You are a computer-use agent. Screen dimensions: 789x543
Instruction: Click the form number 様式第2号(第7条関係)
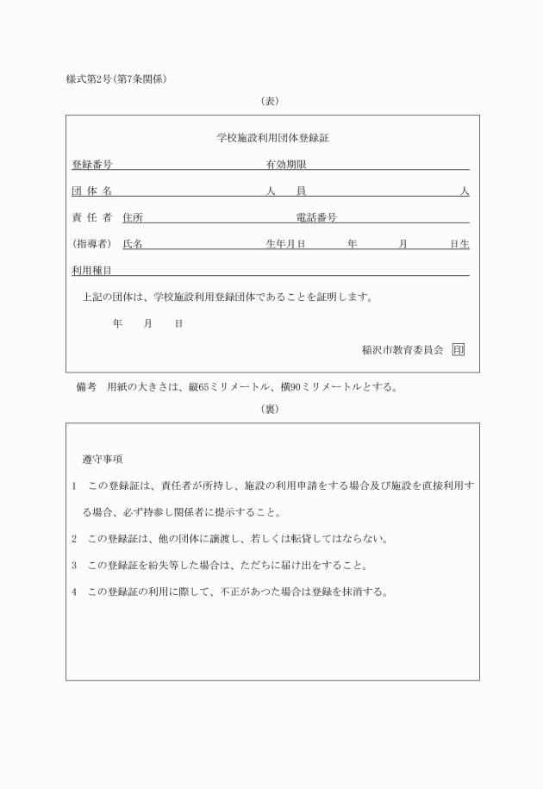click(x=115, y=80)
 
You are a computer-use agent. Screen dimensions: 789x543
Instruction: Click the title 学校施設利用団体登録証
click(x=273, y=137)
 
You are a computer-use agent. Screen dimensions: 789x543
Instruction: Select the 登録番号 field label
click(x=91, y=164)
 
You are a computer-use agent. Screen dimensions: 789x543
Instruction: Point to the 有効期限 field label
click(x=286, y=164)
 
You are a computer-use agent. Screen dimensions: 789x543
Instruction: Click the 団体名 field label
click(x=91, y=191)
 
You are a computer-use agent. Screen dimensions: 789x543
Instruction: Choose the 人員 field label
click(x=286, y=191)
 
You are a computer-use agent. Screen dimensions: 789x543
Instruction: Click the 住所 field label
click(x=133, y=217)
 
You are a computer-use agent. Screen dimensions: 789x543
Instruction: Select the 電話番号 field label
click(x=315, y=217)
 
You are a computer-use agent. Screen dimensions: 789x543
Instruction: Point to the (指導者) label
click(x=91, y=244)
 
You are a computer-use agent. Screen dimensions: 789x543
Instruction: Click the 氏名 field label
click(x=133, y=244)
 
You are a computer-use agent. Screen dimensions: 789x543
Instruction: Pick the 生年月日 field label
click(x=286, y=244)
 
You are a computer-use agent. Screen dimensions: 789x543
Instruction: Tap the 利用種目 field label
click(x=91, y=271)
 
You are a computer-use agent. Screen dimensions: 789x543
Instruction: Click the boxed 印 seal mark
click(x=458, y=350)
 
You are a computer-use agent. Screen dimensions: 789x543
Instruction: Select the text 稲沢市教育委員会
click(x=403, y=350)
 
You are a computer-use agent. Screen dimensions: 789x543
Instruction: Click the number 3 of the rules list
click(x=75, y=566)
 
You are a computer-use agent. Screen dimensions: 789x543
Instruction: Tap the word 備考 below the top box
click(x=86, y=387)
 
